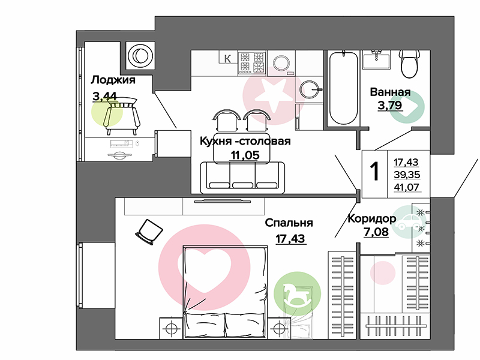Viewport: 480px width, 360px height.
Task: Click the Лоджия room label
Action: pos(113,80)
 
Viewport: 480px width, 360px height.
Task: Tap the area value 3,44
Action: pos(104,97)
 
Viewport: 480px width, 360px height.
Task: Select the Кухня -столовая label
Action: pos(245,141)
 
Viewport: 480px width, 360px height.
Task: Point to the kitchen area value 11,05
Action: pos(245,155)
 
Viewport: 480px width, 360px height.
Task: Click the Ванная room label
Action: pos(391,92)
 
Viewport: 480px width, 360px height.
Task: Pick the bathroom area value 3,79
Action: pos(389,106)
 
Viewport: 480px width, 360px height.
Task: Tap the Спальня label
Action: pos(289,223)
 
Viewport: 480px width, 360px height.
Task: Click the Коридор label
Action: pos(372,218)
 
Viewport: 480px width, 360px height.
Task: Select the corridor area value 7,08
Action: pos(376,232)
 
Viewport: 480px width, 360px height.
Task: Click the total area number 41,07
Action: pos(407,187)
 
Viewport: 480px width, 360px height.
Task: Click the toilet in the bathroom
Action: pos(409,64)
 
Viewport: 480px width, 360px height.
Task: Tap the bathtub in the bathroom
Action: pos(343,88)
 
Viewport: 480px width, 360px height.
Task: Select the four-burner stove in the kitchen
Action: pos(252,63)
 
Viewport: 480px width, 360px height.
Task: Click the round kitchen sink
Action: pos(309,89)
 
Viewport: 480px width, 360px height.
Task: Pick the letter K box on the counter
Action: pos(228,58)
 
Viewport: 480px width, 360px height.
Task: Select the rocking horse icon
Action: pos(296,293)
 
